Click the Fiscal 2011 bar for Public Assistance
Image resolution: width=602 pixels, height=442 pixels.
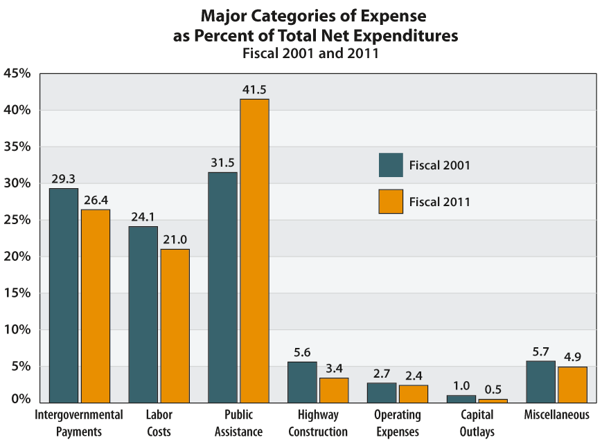[254, 250]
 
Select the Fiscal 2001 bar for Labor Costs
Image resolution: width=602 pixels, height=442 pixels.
[143, 314]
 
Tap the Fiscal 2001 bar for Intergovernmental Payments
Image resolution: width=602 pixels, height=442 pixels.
[64, 295]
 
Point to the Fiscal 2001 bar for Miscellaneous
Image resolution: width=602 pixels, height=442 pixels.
[540, 381]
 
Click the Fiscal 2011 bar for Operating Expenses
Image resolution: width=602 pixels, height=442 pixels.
[413, 394]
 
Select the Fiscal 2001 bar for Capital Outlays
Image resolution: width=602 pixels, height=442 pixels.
[461, 398]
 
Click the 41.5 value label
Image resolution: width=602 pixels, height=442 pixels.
[254, 89]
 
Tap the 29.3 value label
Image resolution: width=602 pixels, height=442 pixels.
[63, 178]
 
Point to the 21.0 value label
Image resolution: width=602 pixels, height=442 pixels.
[175, 239]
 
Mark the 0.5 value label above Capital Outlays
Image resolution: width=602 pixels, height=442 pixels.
[493, 389]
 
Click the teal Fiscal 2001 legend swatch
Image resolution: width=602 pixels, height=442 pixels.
[391, 165]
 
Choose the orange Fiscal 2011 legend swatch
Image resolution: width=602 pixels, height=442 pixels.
[391, 201]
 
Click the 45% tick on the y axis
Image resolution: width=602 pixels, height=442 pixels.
[17, 73]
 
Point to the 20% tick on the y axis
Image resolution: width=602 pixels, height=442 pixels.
[17, 257]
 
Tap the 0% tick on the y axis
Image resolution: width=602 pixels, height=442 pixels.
[20, 399]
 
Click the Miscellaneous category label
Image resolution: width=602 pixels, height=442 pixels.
[557, 415]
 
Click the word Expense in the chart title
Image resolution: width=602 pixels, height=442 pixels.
[396, 15]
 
